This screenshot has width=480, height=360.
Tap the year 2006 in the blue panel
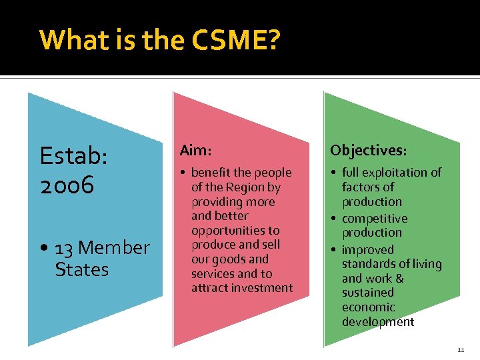[x=67, y=186]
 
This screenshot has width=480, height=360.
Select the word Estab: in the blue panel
[x=73, y=157]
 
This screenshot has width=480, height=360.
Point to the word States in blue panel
[x=81, y=270]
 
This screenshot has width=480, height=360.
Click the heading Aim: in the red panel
[x=194, y=151]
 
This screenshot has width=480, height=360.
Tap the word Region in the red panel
[x=246, y=187]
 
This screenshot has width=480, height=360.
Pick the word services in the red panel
[x=211, y=274]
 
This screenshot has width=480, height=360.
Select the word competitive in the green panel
[x=375, y=219]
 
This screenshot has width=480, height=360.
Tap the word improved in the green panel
[x=368, y=250]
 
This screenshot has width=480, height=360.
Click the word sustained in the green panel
[x=368, y=293]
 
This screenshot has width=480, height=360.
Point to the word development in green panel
[x=378, y=322]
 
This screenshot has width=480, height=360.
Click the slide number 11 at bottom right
[x=461, y=350]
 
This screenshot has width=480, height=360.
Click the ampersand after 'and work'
[x=399, y=279]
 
